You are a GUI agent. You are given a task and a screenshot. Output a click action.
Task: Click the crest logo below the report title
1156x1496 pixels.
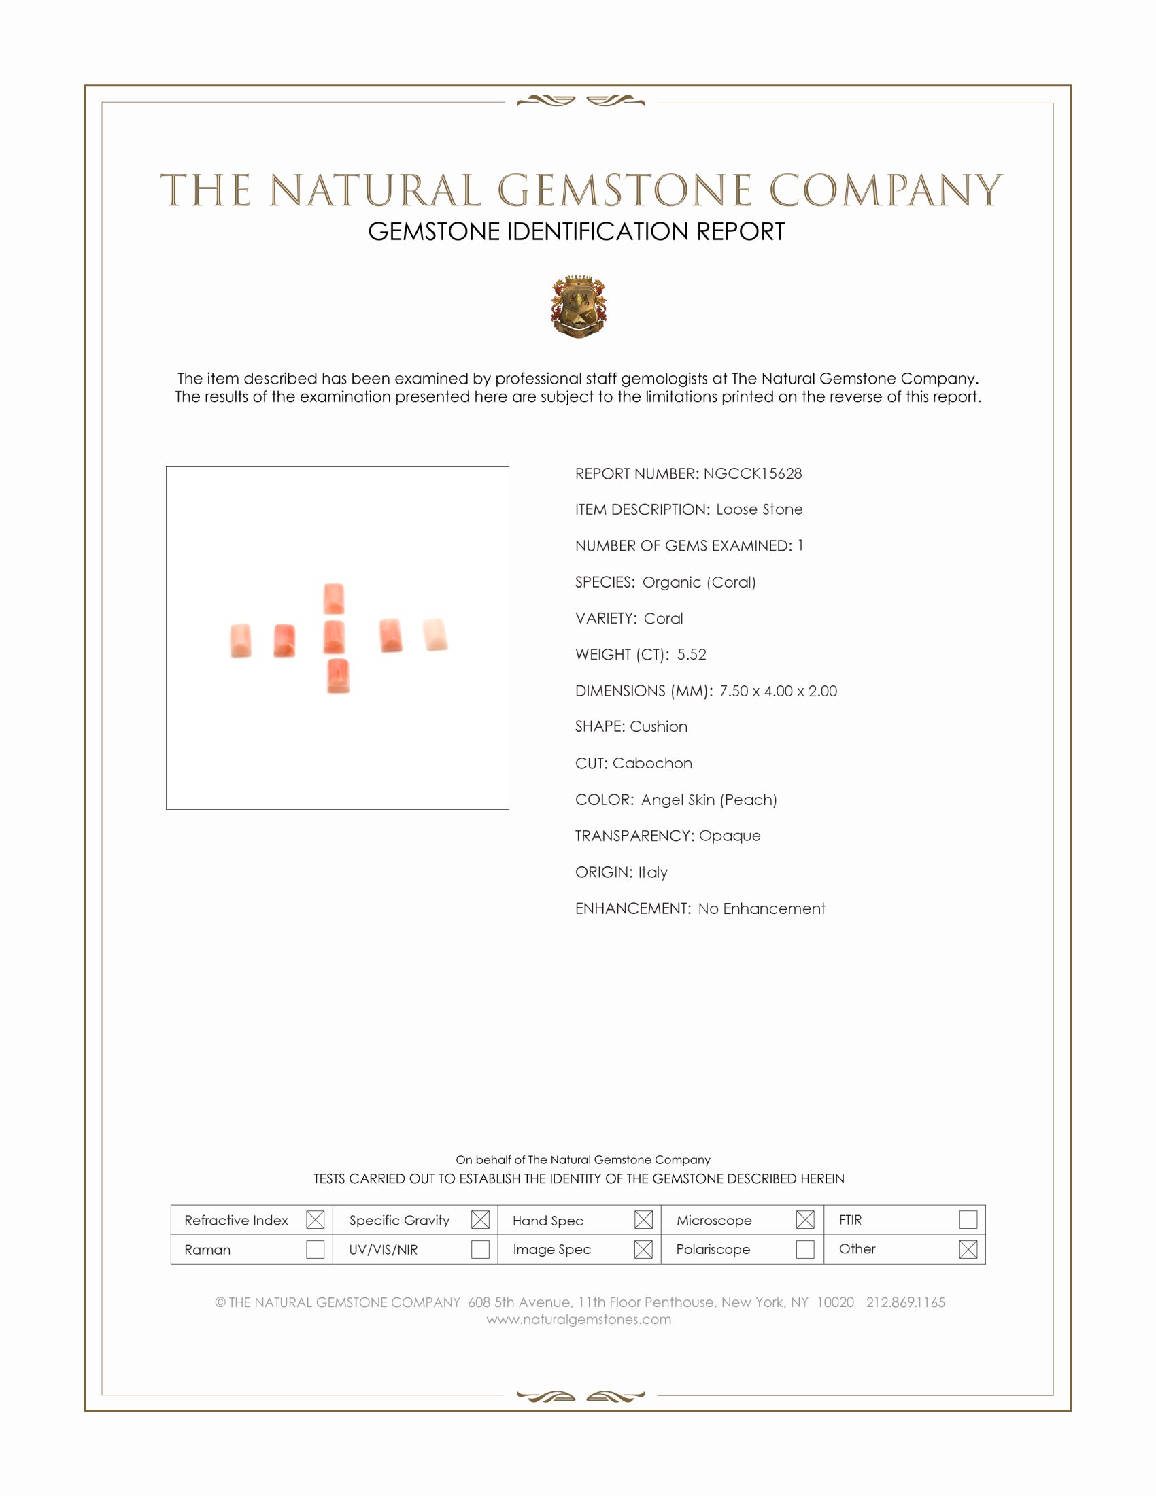pyautogui.click(x=579, y=306)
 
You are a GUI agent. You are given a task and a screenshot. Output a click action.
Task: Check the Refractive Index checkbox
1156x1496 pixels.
pyautogui.click(x=315, y=1219)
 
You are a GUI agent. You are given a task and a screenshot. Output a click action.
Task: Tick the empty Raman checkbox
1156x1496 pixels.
pyautogui.click(x=315, y=1249)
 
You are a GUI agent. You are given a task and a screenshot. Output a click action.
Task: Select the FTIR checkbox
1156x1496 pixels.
pyautogui.click(x=968, y=1219)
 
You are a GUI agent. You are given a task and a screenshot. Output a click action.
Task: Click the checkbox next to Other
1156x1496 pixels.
pyautogui.click(x=968, y=1249)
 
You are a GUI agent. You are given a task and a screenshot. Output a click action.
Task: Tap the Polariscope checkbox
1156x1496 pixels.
pyautogui.click(x=805, y=1249)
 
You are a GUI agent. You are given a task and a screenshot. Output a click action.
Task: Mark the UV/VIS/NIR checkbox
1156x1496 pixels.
pyautogui.click(x=480, y=1249)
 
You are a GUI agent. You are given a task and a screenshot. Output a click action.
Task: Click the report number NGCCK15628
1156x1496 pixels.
pyautogui.click(x=752, y=474)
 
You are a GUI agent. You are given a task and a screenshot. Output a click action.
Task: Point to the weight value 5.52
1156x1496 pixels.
pyautogui.click(x=691, y=655)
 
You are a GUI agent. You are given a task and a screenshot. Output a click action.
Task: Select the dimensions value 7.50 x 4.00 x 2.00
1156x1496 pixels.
pyautogui.click(x=777, y=691)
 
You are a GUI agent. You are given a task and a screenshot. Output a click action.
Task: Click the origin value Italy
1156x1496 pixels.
pyautogui.click(x=652, y=872)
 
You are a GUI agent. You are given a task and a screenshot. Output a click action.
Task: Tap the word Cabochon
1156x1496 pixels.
pyautogui.click(x=652, y=764)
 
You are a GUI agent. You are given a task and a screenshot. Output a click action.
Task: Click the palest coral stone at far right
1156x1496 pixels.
pyautogui.click(x=435, y=634)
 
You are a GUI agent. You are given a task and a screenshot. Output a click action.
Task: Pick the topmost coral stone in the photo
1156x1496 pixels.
pyautogui.click(x=333, y=598)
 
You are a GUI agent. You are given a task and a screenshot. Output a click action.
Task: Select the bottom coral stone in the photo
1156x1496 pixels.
pyautogui.click(x=338, y=676)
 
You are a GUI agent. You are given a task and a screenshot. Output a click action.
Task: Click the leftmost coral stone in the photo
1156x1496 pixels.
pyautogui.click(x=240, y=641)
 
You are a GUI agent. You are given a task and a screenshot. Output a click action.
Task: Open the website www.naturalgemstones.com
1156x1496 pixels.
pyautogui.click(x=579, y=1320)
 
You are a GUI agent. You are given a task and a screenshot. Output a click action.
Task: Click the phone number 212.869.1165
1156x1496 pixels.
pyautogui.click(x=904, y=1303)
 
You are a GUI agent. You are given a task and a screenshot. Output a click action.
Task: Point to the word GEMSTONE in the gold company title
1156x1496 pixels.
pyautogui.click(x=624, y=190)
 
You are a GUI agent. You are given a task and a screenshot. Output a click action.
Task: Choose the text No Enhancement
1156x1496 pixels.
pyautogui.click(x=761, y=909)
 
